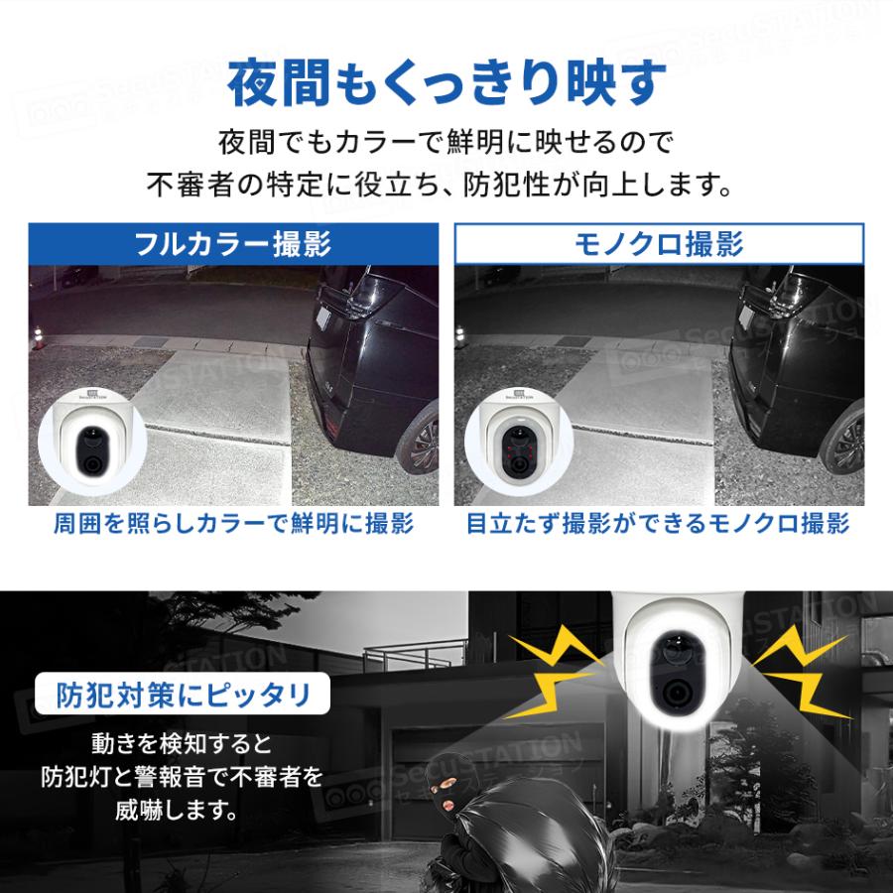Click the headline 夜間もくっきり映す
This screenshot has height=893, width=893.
[446, 84]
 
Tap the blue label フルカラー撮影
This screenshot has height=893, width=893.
[234, 244]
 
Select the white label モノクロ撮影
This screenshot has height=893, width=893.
[659, 244]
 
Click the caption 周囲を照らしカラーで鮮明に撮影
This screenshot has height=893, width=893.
[234, 524]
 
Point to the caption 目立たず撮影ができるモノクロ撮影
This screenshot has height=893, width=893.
[659, 524]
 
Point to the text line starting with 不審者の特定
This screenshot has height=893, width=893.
[446, 185]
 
